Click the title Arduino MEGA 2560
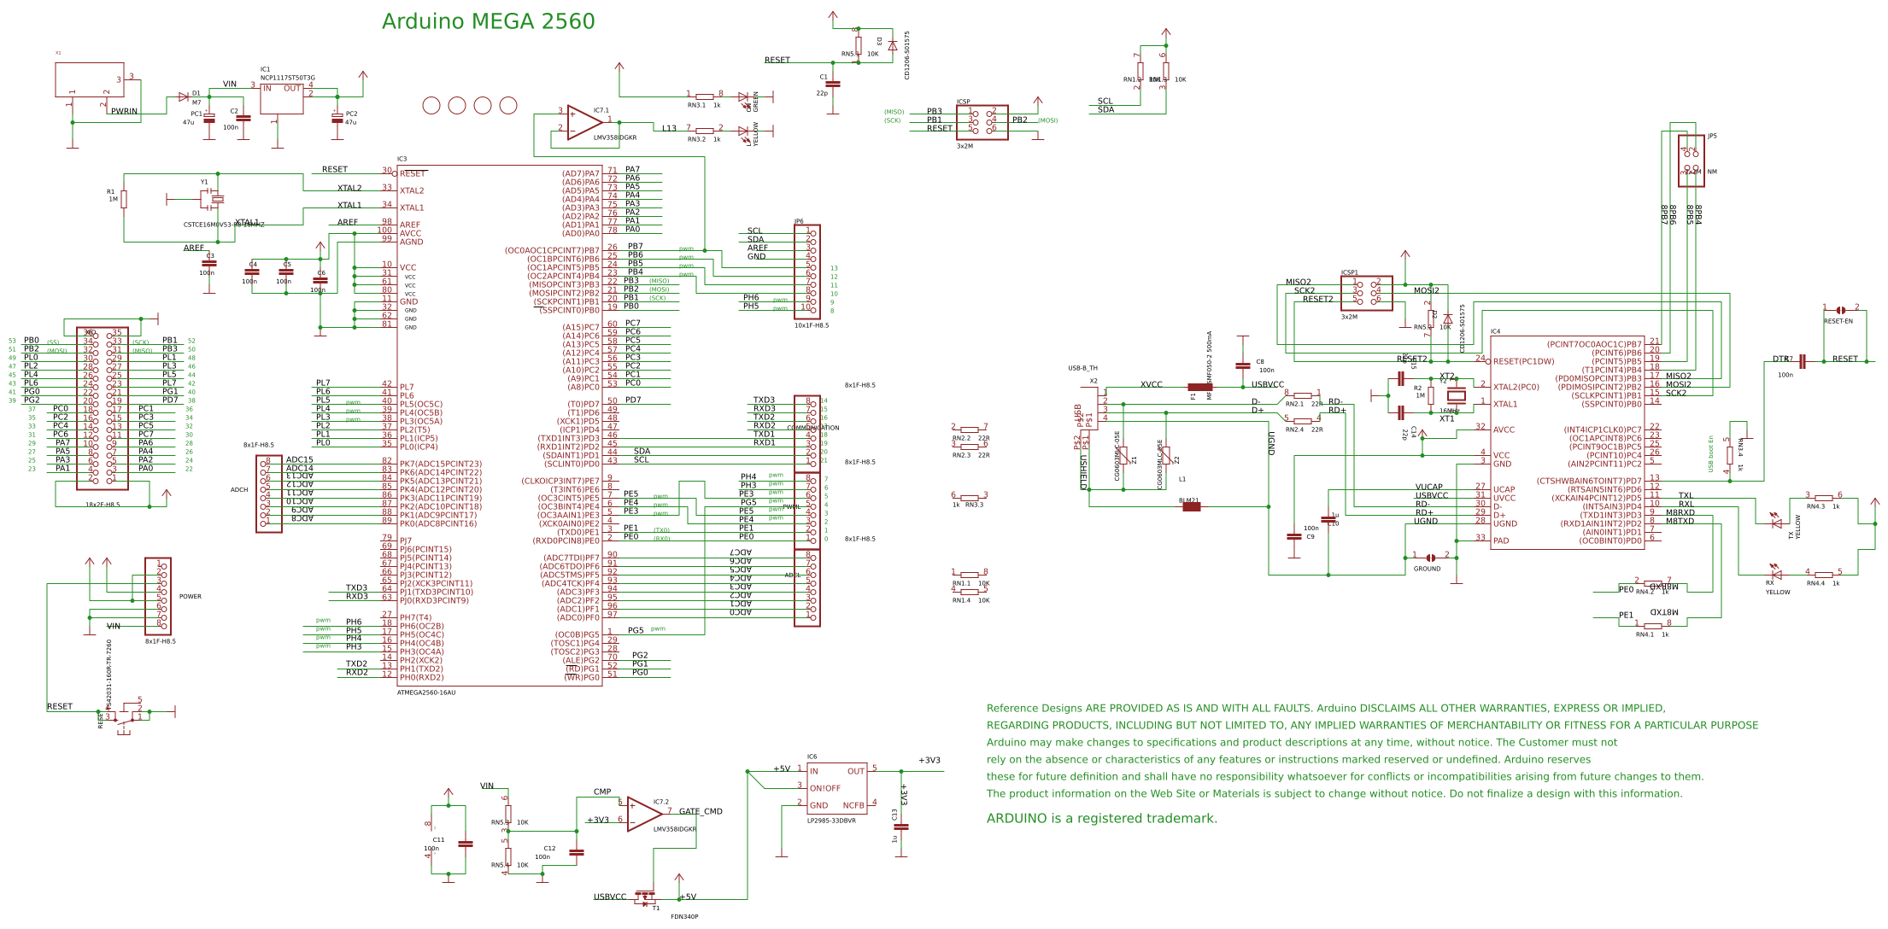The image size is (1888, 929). (x=488, y=22)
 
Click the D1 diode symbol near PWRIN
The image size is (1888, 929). (x=183, y=97)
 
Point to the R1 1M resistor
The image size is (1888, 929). (x=124, y=199)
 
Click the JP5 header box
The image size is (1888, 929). (x=1691, y=161)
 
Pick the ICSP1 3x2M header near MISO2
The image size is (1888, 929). (x=1366, y=293)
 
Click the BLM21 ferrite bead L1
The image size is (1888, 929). (x=1191, y=506)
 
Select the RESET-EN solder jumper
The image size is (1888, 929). (x=1840, y=310)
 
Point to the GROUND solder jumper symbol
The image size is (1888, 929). (x=1431, y=558)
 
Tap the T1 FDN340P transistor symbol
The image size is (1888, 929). (x=647, y=898)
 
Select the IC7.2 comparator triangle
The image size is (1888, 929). (x=643, y=814)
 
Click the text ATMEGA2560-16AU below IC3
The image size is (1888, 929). (x=426, y=692)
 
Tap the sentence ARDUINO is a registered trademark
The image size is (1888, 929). (x=1101, y=818)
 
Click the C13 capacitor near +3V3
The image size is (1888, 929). (x=901, y=827)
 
